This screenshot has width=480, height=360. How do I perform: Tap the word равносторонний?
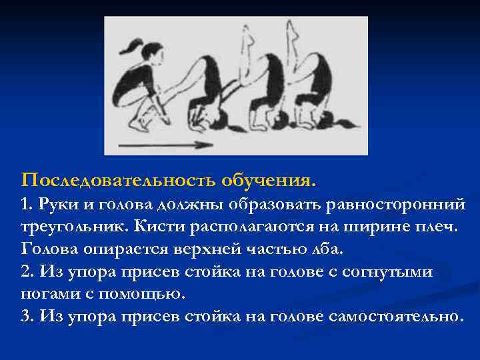tap(395, 203)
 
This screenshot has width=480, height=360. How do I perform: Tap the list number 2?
tap(27, 271)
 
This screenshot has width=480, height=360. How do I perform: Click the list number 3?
tap(27, 316)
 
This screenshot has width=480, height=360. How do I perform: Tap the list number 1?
tap(26, 203)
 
